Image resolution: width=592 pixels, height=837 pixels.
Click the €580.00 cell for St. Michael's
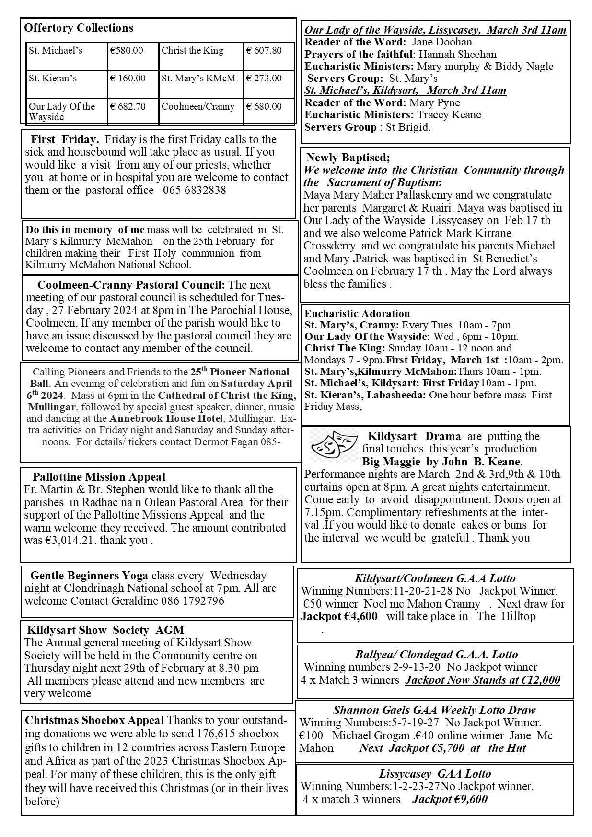127,51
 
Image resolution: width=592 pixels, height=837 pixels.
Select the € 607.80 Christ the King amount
264,51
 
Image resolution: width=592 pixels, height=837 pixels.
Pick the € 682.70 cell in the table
128,107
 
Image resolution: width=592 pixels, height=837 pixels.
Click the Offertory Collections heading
79,28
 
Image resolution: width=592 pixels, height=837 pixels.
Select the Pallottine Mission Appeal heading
99,477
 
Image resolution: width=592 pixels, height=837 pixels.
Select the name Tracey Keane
449,115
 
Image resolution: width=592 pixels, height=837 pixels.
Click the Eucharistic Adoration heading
357,314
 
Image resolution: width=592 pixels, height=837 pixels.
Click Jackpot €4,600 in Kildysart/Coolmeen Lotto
339,617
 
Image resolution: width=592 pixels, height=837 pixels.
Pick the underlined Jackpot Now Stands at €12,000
482,680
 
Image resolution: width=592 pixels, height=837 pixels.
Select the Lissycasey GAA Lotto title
435,774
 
